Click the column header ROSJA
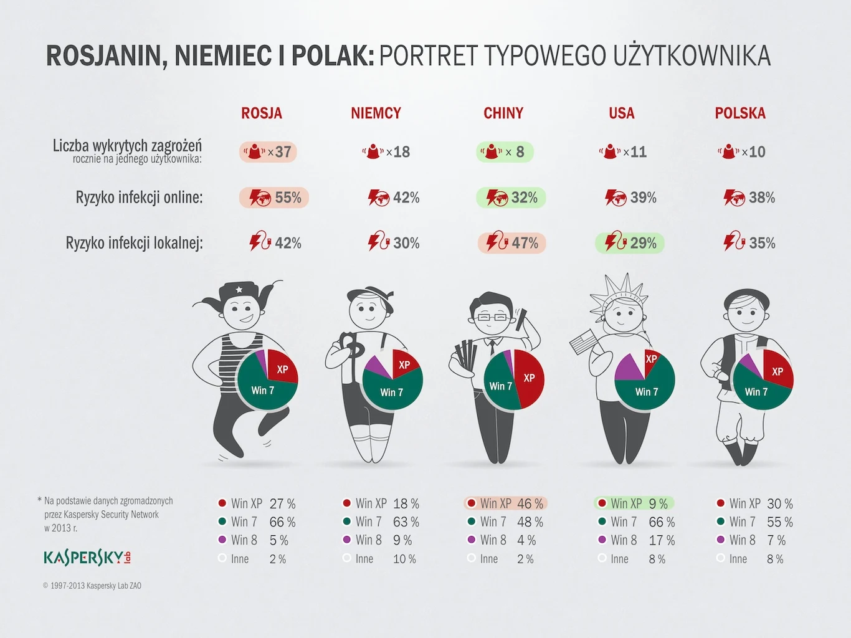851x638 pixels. [x=262, y=113]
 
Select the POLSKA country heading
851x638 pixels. [x=740, y=113]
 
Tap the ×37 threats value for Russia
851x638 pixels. [x=269, y=152]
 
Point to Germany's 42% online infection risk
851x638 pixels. [x=394, y=198]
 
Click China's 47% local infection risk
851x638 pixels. [x=512, y=243]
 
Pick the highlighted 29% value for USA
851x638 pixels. [x=630, y=243]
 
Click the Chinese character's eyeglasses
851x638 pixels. [x=492, y=317]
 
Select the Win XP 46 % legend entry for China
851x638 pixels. [x=505, y=503]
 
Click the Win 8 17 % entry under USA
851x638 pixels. [x=636, y=540]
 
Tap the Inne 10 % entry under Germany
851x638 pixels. [x=379, y=559]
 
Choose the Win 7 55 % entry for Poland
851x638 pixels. [x=754, y=522]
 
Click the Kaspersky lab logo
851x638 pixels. [x=87, y=558]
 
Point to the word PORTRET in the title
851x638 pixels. [x=429, y=56]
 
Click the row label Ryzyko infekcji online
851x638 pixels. [x=139, y=198]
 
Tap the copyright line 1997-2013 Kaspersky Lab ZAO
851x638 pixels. [x=92, y=586]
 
